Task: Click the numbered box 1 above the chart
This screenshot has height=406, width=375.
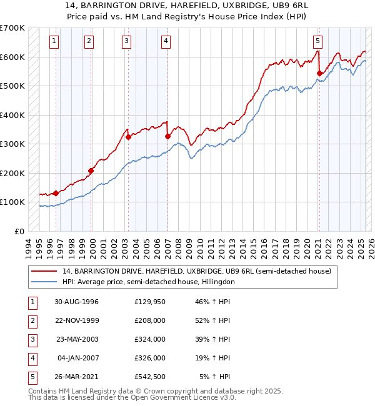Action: pos(54,42)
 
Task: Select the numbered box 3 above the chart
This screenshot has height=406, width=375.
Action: pos(127,42)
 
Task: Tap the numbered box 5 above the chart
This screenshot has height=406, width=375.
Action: pos(318,42)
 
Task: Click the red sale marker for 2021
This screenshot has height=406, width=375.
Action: pos(319,74)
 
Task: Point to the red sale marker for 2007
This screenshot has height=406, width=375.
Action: pos(167,136)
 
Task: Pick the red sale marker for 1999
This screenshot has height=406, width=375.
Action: pos(91,171)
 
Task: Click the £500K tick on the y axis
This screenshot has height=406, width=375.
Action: pos(12,86)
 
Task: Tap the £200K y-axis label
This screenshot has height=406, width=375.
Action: pos(12,173)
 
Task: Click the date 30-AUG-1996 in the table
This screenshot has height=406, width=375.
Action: pos(77,302)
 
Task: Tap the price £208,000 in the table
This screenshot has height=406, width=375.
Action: pos(150,320)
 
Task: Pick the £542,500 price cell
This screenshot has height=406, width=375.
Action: pos(150,377)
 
